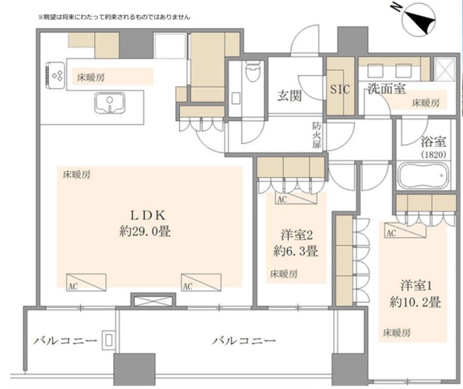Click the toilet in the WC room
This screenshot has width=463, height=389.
coord(252,71)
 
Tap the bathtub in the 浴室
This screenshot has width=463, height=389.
coord(423,175)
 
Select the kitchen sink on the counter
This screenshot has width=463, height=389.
coord(110,103)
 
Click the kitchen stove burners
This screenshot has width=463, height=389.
coord(56,76)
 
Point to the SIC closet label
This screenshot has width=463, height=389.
coord(339,89)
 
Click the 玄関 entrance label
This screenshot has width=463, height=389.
coord(289,96)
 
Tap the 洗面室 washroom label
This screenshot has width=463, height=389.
coord(386,88)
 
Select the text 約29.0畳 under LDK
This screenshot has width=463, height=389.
coord(145,231)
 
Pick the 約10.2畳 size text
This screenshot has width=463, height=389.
coord(415,302)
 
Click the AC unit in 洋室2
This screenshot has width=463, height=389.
coord(296,198)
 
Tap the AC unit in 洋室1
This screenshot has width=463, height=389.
coord(405,231)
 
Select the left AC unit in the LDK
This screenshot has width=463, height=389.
coord(86,282)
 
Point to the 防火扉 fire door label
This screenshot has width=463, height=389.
coord(317,136)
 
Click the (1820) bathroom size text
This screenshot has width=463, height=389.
coord(434,155)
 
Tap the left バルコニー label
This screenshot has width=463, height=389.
coord(65,341)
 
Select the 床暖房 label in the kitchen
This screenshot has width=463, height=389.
coord(91,77)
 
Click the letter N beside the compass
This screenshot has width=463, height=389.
coord(398,8)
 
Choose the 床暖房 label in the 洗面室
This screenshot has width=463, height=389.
coord(426,103)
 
